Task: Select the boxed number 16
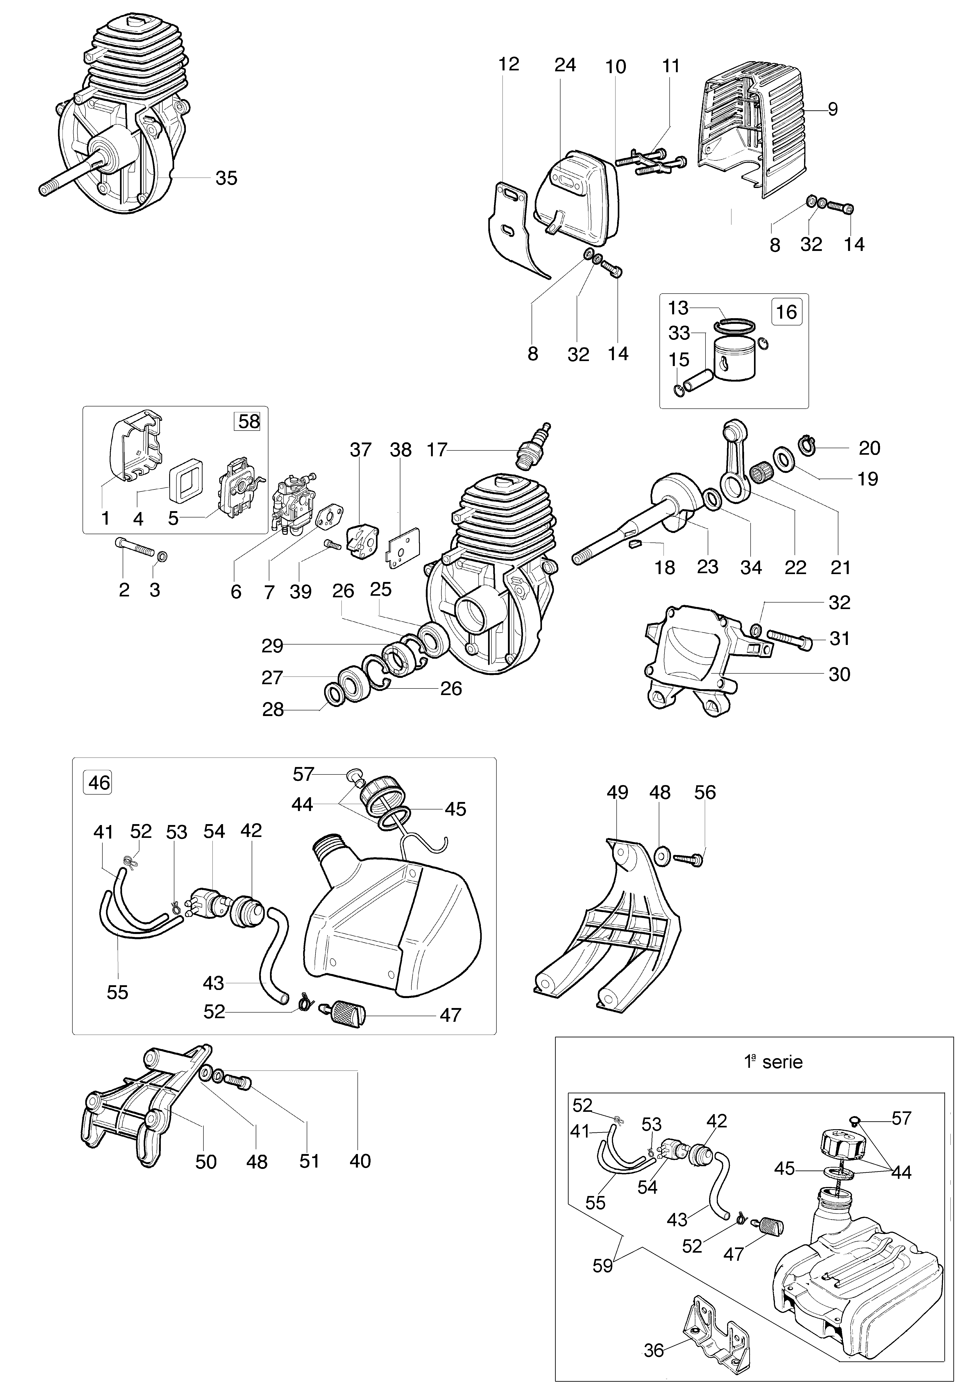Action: click(x=786, y=312)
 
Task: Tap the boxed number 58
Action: click(x=249, y=421)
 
